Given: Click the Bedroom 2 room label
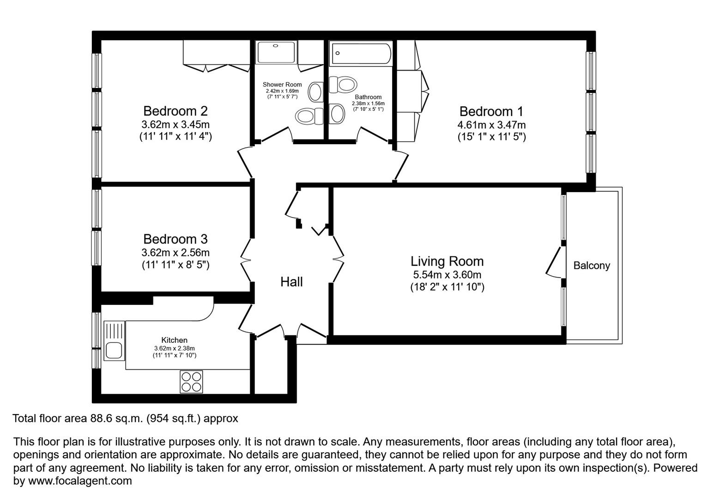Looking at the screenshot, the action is click(x=175, y=111).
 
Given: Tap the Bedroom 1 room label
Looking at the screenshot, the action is click(x=491, y=111).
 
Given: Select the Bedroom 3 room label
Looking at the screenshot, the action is click(x=175, y=239).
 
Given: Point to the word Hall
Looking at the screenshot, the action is click(x=291, y=282).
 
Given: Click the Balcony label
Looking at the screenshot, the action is click(x=592, y=266).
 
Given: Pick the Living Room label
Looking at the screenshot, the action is click(x=447, y=262).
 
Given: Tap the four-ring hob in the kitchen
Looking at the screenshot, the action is click(x=191, y=382).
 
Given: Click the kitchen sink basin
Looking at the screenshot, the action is click(x=114, y=351).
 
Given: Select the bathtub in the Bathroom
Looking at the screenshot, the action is click(x=361, y=54).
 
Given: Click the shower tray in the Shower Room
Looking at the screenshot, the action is click(x=276, y=52).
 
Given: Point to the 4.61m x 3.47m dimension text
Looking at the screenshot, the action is click(x=491, y=125).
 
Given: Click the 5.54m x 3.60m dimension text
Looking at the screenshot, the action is click(x=447, y=274).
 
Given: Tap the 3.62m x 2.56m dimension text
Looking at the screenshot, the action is click(x=175, y=253).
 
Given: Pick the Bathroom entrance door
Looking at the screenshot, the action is click(x=374, y=134).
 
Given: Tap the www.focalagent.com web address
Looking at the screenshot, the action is click(x=80, y=481).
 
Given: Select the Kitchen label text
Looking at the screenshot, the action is click(x=175, y=340).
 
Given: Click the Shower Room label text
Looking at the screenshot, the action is click(x=282, y=85).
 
